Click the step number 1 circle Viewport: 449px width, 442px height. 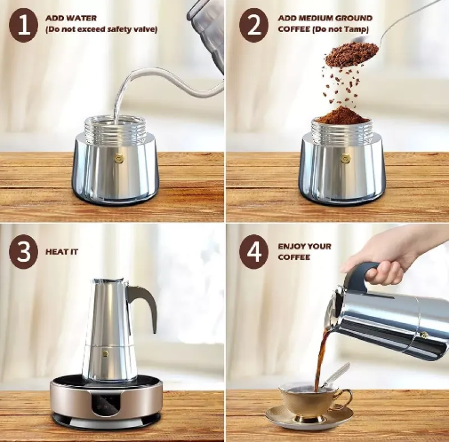[24, 27]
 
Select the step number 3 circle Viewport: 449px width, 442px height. [23, 252]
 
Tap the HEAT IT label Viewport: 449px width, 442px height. [62, 252]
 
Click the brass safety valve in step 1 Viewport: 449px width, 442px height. [118, 159]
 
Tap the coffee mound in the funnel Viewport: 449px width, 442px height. [342, 117]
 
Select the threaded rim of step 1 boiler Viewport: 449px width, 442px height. [115, 129]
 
